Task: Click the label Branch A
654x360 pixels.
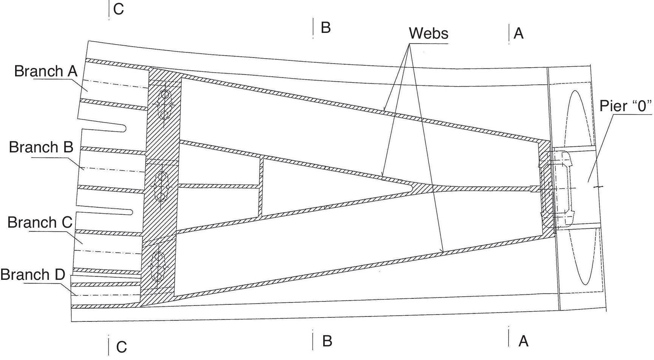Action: [x=46, y=71]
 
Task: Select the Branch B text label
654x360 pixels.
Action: [x=41, y=147]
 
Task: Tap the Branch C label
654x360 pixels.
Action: [x=40, y=222]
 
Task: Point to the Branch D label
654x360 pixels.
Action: [x=33, y=275]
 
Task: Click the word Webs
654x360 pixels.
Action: [x=428, y=33]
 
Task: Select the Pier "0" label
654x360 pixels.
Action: [x=626, y=106]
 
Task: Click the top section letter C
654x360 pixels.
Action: [x=118, y=9]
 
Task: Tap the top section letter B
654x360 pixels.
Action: [x=325, y=27]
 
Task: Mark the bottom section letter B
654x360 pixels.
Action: [x=327, y=341]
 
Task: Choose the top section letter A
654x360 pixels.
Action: [x=519, y=34]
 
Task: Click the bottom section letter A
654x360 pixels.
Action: [x=523, y=341]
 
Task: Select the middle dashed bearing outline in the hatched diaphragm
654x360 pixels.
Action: [x=161, y=186]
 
